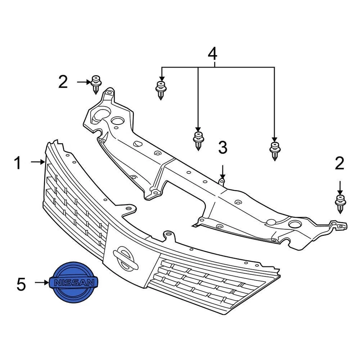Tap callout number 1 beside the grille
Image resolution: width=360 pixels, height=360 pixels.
coord(18,163)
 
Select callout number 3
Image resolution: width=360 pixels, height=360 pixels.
coord(223,148)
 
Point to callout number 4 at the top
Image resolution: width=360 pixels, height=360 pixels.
coord(212,54)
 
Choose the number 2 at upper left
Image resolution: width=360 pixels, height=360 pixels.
coord(63,82)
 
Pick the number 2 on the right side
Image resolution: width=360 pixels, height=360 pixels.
coord(339,163)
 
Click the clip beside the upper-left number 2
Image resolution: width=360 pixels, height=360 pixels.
coord(96,85)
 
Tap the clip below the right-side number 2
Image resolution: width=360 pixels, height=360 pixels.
coord(340,204)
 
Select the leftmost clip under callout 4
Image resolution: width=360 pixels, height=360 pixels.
coord(161,89)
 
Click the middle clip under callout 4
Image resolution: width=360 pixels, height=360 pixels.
coord(198,140)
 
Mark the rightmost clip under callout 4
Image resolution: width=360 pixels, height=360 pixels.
coord(275,150)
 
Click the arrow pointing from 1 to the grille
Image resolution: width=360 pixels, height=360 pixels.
coord(37,162)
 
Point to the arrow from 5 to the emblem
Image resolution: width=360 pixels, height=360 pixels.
coord(41,283)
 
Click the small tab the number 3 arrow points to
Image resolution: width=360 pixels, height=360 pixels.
coord(222,182)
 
